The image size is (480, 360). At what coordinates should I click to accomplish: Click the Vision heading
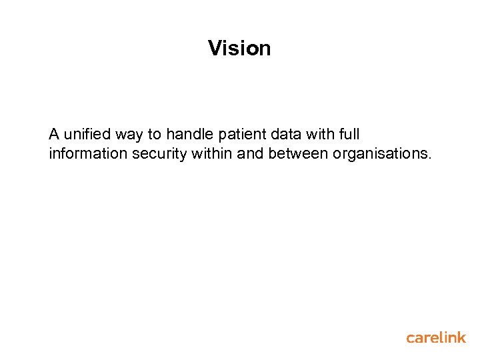[x=239, y=48]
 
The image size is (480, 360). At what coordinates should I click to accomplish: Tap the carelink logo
[x=436, y=337]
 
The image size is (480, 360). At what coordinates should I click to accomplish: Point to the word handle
[x=190, y=135]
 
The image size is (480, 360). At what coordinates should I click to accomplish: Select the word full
[x=350, y=135]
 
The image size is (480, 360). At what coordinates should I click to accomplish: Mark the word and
[x=250, y=154]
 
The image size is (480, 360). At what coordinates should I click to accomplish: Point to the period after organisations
[x=430, y=159]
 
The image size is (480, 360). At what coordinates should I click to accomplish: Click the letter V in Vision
[x=215, y=48]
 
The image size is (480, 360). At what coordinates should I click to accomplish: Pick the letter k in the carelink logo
[x=460, y=337]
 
